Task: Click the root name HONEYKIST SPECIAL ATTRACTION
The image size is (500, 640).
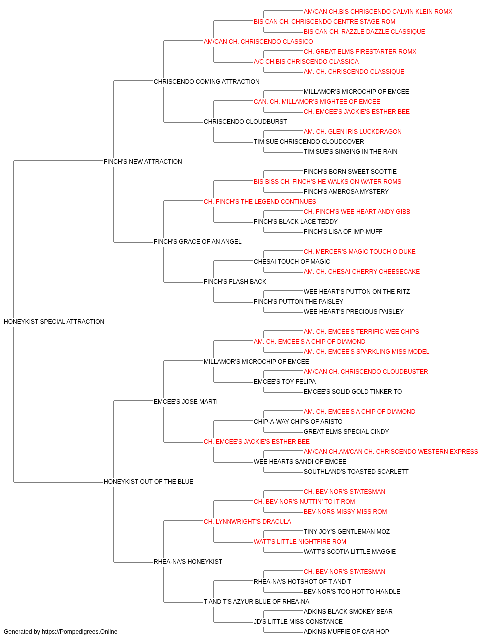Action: (x=54, y=321)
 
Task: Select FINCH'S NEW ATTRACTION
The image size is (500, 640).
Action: (x=143, y=161)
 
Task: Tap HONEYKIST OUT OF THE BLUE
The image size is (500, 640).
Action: (x=148, y=482)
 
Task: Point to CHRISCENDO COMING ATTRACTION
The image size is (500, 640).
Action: (x=206, y=82)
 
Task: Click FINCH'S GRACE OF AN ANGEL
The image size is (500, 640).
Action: (x=197, y=242)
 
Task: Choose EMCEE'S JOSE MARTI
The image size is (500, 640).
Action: (x=186, y=401)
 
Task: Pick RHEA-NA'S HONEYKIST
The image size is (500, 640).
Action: (x=188, y=561)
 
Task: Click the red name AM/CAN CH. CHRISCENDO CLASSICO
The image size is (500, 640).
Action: (x=258, y=42)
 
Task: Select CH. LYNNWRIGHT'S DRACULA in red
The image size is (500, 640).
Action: (x=247, y=522)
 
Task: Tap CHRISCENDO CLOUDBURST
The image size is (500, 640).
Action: (x=245, y=122)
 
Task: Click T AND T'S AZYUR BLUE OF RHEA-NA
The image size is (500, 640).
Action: (x=257, y=601)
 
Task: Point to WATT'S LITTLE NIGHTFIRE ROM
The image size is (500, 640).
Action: (x=300, y=542)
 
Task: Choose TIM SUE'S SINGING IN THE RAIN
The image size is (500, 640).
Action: (x=350, y=151)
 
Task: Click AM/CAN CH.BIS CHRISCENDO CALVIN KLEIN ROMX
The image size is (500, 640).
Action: (x=378, y=12)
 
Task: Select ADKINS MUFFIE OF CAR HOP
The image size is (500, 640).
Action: (x=346, y=632)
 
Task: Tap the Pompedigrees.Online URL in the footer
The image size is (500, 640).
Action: (x=80, y=632)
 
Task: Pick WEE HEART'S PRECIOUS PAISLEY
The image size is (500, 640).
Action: (x=354, y=311)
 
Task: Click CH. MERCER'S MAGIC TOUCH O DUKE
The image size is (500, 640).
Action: (x=360, y=252)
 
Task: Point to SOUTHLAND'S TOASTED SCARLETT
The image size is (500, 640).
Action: (x=356, y=472)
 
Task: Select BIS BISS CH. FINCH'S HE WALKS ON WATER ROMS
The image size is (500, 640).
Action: (x=327, y=181)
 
